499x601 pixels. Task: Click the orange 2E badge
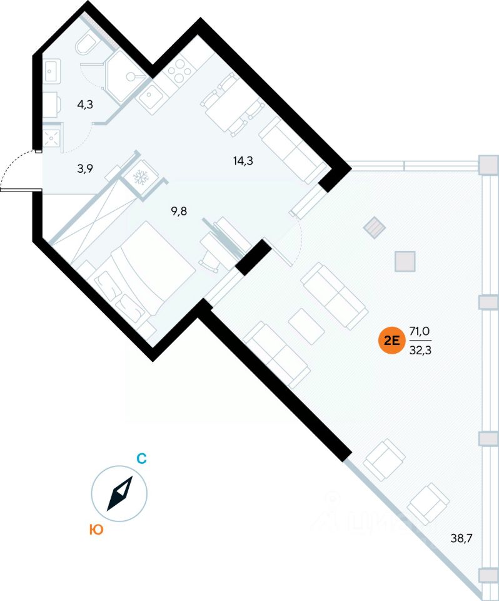tap(391, 341)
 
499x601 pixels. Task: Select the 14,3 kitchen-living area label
tap(243, 160)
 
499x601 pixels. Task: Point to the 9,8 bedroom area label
tap(179, 211)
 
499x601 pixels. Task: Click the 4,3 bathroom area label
tap(85, 105)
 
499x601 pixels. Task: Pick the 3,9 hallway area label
tap(85, 168)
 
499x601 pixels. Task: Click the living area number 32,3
tap(420, 351)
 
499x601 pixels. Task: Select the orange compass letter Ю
tap(96, 530)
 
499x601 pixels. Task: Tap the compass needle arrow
tap(119, 494)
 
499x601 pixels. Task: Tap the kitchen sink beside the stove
tap(150, 98)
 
